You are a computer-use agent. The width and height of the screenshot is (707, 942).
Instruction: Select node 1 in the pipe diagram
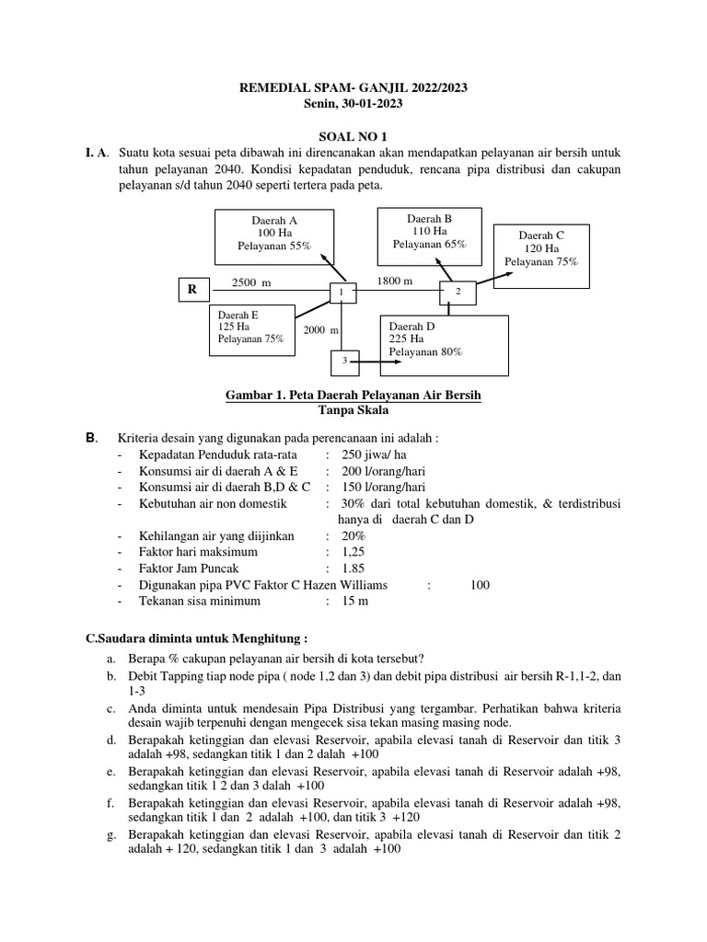click(342, 292)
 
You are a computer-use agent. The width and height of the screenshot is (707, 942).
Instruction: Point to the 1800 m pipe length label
click(395, 280)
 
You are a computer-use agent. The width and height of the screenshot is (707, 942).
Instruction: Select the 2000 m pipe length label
click(321, 330)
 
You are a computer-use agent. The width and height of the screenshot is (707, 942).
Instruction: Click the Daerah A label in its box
click(274, 220)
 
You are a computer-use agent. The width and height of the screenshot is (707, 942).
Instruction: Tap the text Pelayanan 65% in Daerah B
click(429, 245)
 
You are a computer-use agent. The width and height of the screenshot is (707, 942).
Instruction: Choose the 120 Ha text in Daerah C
click(541, 248)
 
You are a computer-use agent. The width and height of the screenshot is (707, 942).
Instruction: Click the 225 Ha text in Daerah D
click(409, 339)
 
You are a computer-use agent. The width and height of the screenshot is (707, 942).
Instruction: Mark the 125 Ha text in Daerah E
click(234, 326)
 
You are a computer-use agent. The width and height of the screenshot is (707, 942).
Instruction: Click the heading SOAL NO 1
click(353, 134)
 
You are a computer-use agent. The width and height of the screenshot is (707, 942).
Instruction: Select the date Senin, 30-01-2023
click(353, 104)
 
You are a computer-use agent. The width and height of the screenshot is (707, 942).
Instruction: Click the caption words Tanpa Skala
click(353, 410)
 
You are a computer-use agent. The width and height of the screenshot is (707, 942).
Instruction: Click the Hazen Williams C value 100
click(480, 585)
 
